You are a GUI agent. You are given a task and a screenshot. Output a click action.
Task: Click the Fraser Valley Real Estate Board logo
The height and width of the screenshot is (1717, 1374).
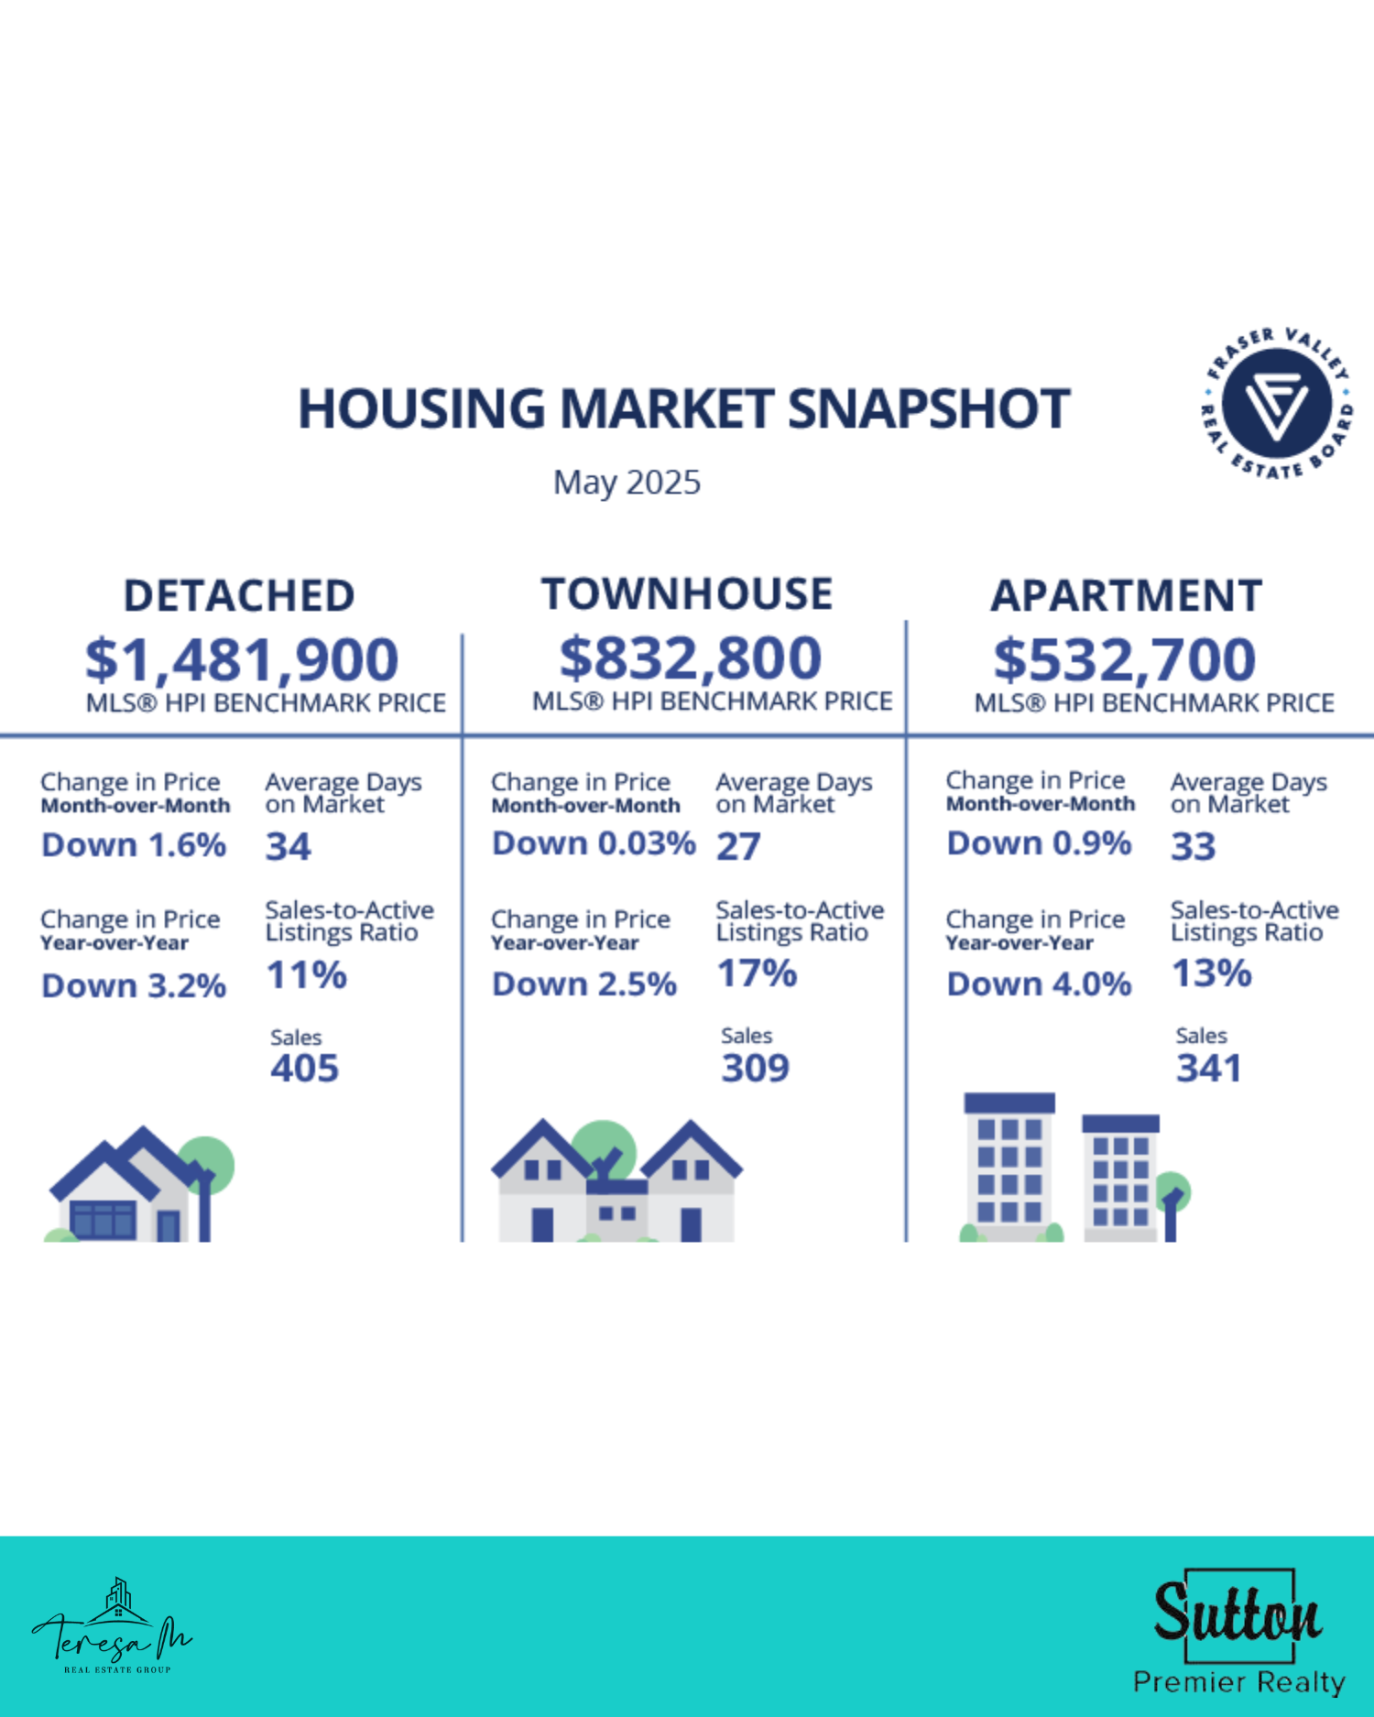pos(1278,403)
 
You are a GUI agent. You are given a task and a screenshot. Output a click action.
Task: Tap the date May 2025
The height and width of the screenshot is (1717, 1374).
pos(627,483)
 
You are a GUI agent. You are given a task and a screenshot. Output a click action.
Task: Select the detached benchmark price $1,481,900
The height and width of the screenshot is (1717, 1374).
pos(242,659)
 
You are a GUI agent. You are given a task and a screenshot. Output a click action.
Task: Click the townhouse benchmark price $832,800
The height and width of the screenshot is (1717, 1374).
pos(691,657)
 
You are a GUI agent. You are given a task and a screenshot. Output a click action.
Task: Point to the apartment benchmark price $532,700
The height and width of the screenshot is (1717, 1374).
pos(1125,659)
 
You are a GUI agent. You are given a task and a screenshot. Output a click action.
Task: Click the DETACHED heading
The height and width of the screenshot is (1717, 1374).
pos(239,596)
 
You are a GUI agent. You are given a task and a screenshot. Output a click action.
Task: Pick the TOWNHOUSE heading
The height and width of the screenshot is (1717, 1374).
pos(687,594)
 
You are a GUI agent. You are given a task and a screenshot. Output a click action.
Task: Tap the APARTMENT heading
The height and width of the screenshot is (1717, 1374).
pos(1127,596)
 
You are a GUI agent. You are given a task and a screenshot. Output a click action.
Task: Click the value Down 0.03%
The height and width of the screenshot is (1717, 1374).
pos(594,843)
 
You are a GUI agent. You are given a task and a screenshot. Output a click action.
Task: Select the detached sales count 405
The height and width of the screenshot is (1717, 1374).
pos(304,1069)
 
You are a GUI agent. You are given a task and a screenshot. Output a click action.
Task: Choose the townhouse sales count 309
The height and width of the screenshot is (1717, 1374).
pos(755,1068)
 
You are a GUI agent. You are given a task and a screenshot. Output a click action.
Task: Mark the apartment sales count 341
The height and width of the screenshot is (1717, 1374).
pos(1208,1068)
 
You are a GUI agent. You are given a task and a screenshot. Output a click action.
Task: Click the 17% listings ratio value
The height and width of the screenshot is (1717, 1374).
pos(757,973)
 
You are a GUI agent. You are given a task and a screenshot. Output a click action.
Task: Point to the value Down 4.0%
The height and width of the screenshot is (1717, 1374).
pos(1039,984)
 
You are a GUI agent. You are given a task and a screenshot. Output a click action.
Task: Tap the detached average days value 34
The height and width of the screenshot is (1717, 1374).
pos(288,846)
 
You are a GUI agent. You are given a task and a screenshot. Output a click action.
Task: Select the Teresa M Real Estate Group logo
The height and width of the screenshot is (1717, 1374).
pos(112,1626)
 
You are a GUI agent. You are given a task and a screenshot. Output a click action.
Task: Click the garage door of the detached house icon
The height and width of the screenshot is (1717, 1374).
pos(104,1221)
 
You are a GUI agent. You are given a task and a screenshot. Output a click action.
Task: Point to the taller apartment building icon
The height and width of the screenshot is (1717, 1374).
pos(1009,1168)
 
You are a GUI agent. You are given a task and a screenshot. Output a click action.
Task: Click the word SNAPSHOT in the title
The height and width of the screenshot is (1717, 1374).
pos(929,408)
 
